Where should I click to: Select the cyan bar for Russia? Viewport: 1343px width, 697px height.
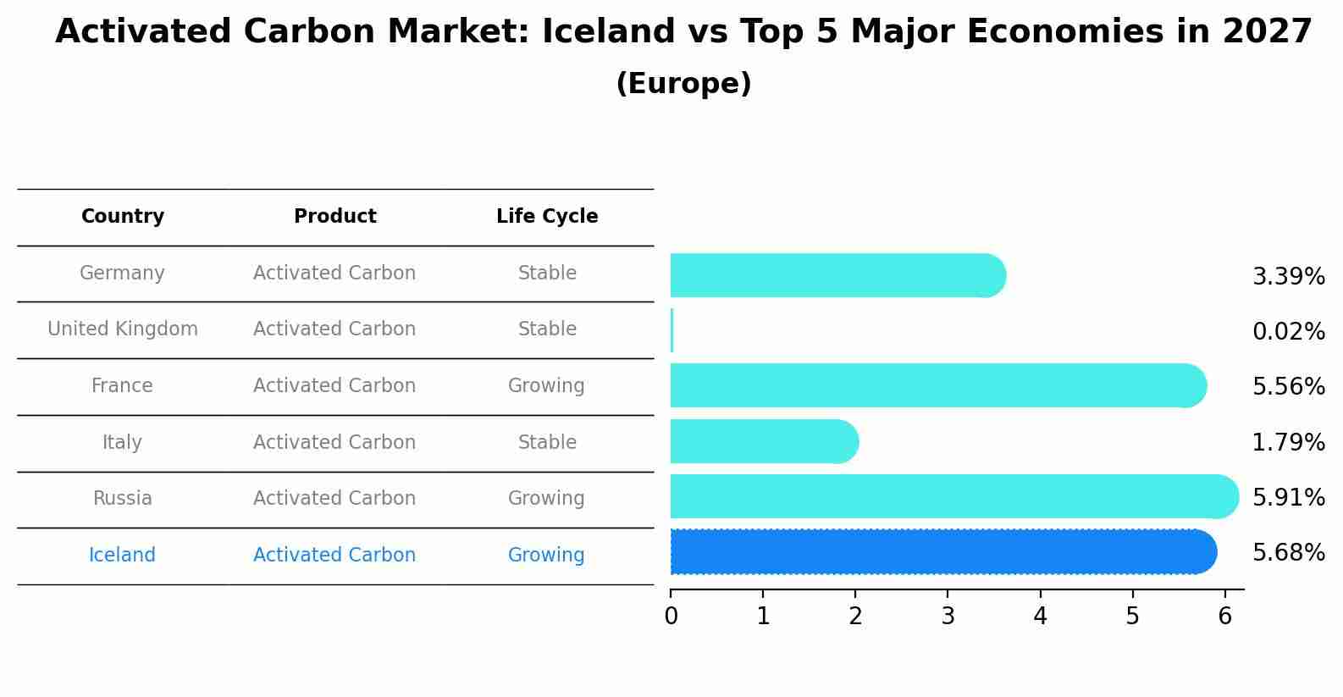tap(953, 496)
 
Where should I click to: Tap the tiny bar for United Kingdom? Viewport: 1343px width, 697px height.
tap(671, 330)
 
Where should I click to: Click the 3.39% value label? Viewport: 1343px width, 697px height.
tap(1288, 277)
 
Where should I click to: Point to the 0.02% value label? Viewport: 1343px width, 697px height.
tap(1288, 332)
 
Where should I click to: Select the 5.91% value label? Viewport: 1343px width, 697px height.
tap(1288, 497)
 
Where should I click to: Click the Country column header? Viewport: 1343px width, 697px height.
tap(123, 217)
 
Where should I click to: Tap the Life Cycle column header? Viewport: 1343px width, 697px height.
tap(547, 217)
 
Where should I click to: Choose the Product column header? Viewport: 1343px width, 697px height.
tap(334, 217)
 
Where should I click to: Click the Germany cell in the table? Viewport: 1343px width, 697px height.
tap(122, 274)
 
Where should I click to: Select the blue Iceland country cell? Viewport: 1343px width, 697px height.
tap(122, 556)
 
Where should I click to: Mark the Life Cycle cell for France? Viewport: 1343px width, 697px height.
tap(546, 386)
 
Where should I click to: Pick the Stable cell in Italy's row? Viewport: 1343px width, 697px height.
tap(547, 443)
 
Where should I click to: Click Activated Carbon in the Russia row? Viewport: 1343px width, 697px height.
tap(334, 499)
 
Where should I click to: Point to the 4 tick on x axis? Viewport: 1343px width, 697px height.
tap(1040, 617)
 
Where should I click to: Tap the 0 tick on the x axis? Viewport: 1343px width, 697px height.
tap(671, 617)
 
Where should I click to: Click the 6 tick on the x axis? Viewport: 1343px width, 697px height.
tap(1224, 617)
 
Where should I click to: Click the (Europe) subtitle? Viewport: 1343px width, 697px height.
tap(683, 84)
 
